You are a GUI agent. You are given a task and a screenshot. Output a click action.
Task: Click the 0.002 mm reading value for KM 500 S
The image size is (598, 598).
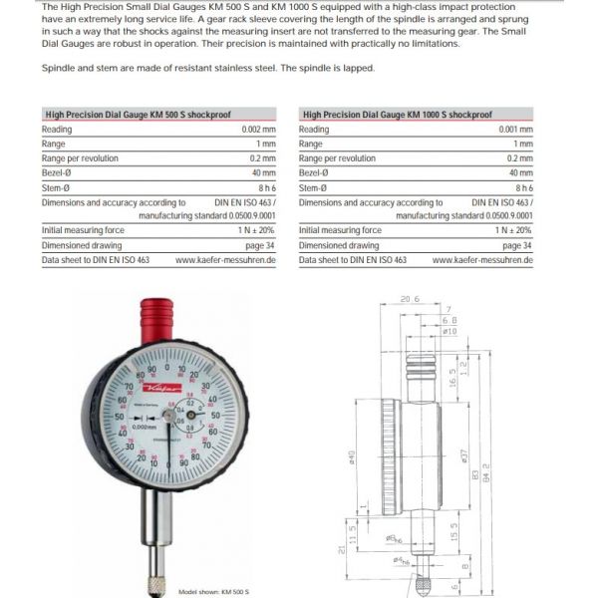point(257,130)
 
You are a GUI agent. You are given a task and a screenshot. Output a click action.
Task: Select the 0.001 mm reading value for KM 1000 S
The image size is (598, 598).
point(515,130)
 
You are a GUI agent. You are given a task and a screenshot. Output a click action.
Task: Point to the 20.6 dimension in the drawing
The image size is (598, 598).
point(408,298)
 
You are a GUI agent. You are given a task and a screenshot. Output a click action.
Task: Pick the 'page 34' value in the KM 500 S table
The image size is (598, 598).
point(261,245)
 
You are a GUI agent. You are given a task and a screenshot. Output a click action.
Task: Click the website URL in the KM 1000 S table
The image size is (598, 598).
point(482,259)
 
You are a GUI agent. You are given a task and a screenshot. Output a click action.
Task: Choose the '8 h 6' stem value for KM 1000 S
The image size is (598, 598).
point(523,187)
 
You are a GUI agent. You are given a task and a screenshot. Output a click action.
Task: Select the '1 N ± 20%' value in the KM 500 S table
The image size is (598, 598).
point(252,230)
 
